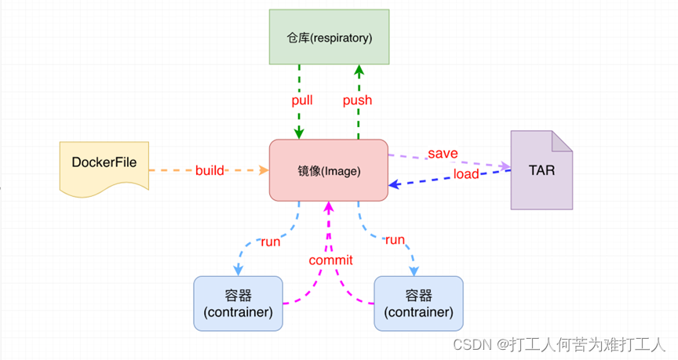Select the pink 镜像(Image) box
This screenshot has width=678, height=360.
click(x=329, y=169)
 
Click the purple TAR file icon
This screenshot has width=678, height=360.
click(x=541, y=170)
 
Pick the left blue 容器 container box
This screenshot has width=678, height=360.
click(x=239, y=303)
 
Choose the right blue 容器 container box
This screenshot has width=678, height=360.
click(x=418, y=303)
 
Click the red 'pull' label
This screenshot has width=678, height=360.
click(x=302, y=100)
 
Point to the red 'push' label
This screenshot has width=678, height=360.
click(x=357, y=100)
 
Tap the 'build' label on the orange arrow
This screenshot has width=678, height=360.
click(x=210, y=169)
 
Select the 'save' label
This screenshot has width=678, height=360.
click(x=443, y=153)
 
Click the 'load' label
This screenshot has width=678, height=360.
click(x=465, y=174)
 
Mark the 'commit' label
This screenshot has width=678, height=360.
click(x=330, y=260)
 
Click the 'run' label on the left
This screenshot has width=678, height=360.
click(x=270, y=242)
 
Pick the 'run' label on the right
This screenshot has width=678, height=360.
click(x=395, y=239)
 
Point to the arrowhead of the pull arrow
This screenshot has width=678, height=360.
click(x=299, y=134)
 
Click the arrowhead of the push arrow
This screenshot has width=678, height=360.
click(x=359, y=70)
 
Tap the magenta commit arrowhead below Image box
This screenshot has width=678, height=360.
click(x=330, y=206)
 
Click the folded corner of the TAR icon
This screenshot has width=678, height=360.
click(x=561, y=141)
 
